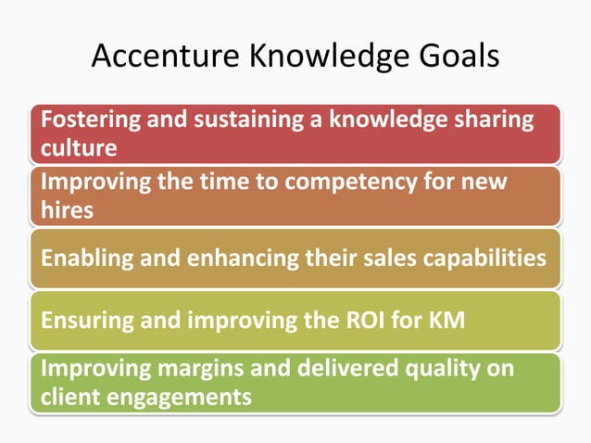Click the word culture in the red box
[79, 147]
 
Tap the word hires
[67, 209]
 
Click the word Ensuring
[82, 322]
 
